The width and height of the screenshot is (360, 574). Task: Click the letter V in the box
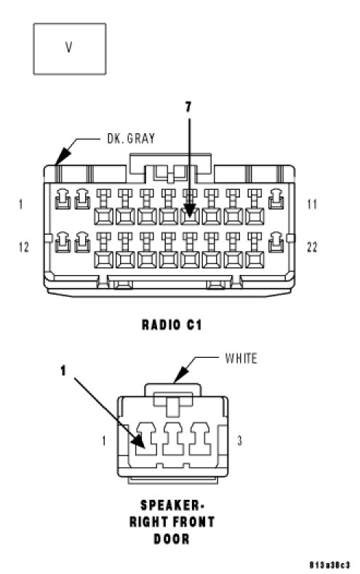point(69,47)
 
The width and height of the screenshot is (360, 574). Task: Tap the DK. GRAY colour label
point(131,138)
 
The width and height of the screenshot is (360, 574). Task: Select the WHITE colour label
point(241,358)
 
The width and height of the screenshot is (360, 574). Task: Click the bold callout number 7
point(188,107)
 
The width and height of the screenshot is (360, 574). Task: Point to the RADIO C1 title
point(172,324)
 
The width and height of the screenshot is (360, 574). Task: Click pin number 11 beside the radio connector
point(312,204)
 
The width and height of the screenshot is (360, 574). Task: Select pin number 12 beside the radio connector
point(24,247)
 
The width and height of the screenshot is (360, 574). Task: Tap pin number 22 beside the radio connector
point(312,247)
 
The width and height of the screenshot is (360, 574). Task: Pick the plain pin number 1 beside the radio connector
point(21,204)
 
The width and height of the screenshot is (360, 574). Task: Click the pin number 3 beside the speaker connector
point(239,440)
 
